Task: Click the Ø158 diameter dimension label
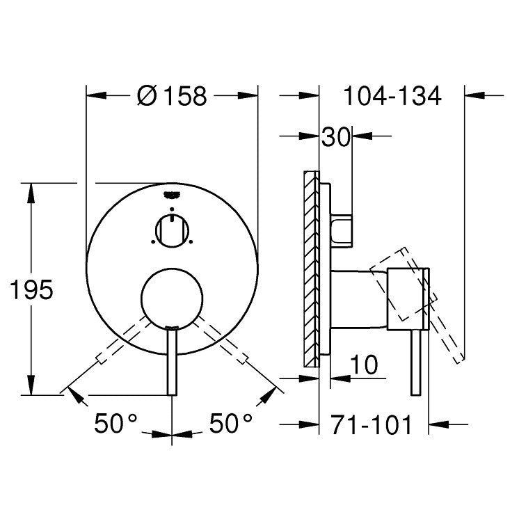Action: pos(172,96)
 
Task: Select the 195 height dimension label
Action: pos(31,289)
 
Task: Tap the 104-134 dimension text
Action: pos(392,96)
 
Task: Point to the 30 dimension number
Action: pos(335,137)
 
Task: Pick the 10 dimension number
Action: pos(364,365)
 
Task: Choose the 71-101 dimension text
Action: pos(372,424)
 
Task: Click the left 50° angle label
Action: pos(115,424)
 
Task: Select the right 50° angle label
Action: pos(231,424)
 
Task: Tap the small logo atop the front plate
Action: pos(171,195)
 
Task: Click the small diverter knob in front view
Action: pos(172,231)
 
